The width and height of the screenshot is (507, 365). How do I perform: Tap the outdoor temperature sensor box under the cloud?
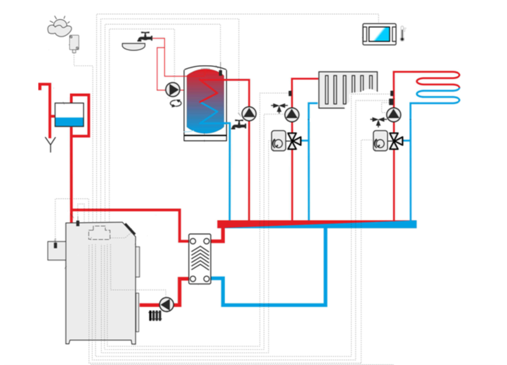tap(75, 43)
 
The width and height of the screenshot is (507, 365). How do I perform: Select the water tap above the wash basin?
tap(145, 36)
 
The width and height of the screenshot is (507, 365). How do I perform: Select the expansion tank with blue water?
tap(69, 115)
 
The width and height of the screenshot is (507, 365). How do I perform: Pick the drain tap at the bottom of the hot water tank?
tap(239, 124)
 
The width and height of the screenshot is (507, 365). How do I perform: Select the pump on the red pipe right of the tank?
tap(249, 114)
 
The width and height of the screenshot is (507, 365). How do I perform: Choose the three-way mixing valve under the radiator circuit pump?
tap(293, 141)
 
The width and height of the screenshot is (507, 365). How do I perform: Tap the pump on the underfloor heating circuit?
tap(394, 114)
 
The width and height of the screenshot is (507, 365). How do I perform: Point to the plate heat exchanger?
tap(200, 259)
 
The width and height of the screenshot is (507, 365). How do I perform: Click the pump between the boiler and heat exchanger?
tap(166, 304)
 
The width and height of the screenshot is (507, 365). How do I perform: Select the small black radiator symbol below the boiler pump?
tap(156, 316)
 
